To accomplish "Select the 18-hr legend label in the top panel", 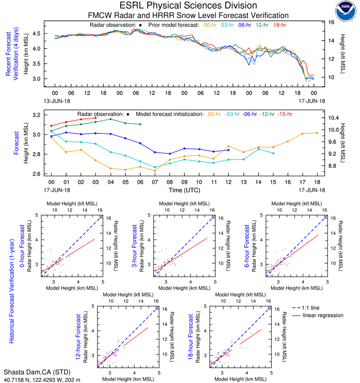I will [280, 25].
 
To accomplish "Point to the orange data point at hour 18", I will [317, 133].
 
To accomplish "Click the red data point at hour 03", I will [95, 118].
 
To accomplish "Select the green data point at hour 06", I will [140, 124].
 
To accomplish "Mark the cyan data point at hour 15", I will [273, 153].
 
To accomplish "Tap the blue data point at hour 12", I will [229, 150].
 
